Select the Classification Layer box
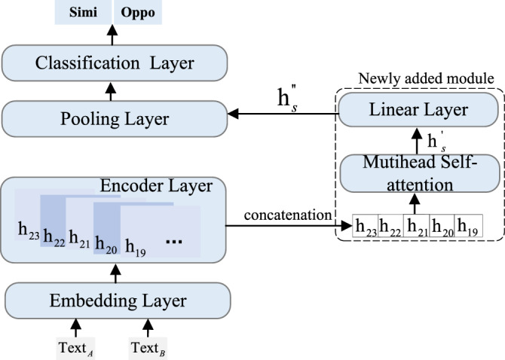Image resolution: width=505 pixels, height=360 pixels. pyautogui.click(x=115, y=63)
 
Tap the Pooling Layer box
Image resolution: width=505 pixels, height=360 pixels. pyautogui.click(x=115, y=118)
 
